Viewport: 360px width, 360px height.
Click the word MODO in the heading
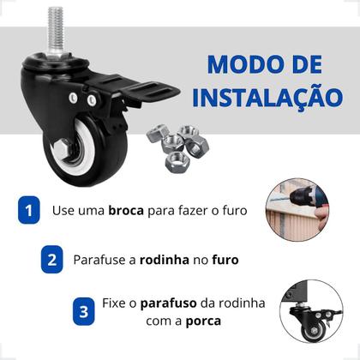(x=232, y=64)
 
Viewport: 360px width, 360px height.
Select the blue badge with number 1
(x=28, y=209)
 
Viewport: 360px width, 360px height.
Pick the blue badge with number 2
(x=52, y=258)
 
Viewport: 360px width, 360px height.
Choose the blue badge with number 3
(x=83, y=312)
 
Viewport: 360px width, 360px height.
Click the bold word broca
(x=126, y=210)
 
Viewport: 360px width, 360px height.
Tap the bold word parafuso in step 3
(x=170, y=304)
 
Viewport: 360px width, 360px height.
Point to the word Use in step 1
(x=64, y=210)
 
